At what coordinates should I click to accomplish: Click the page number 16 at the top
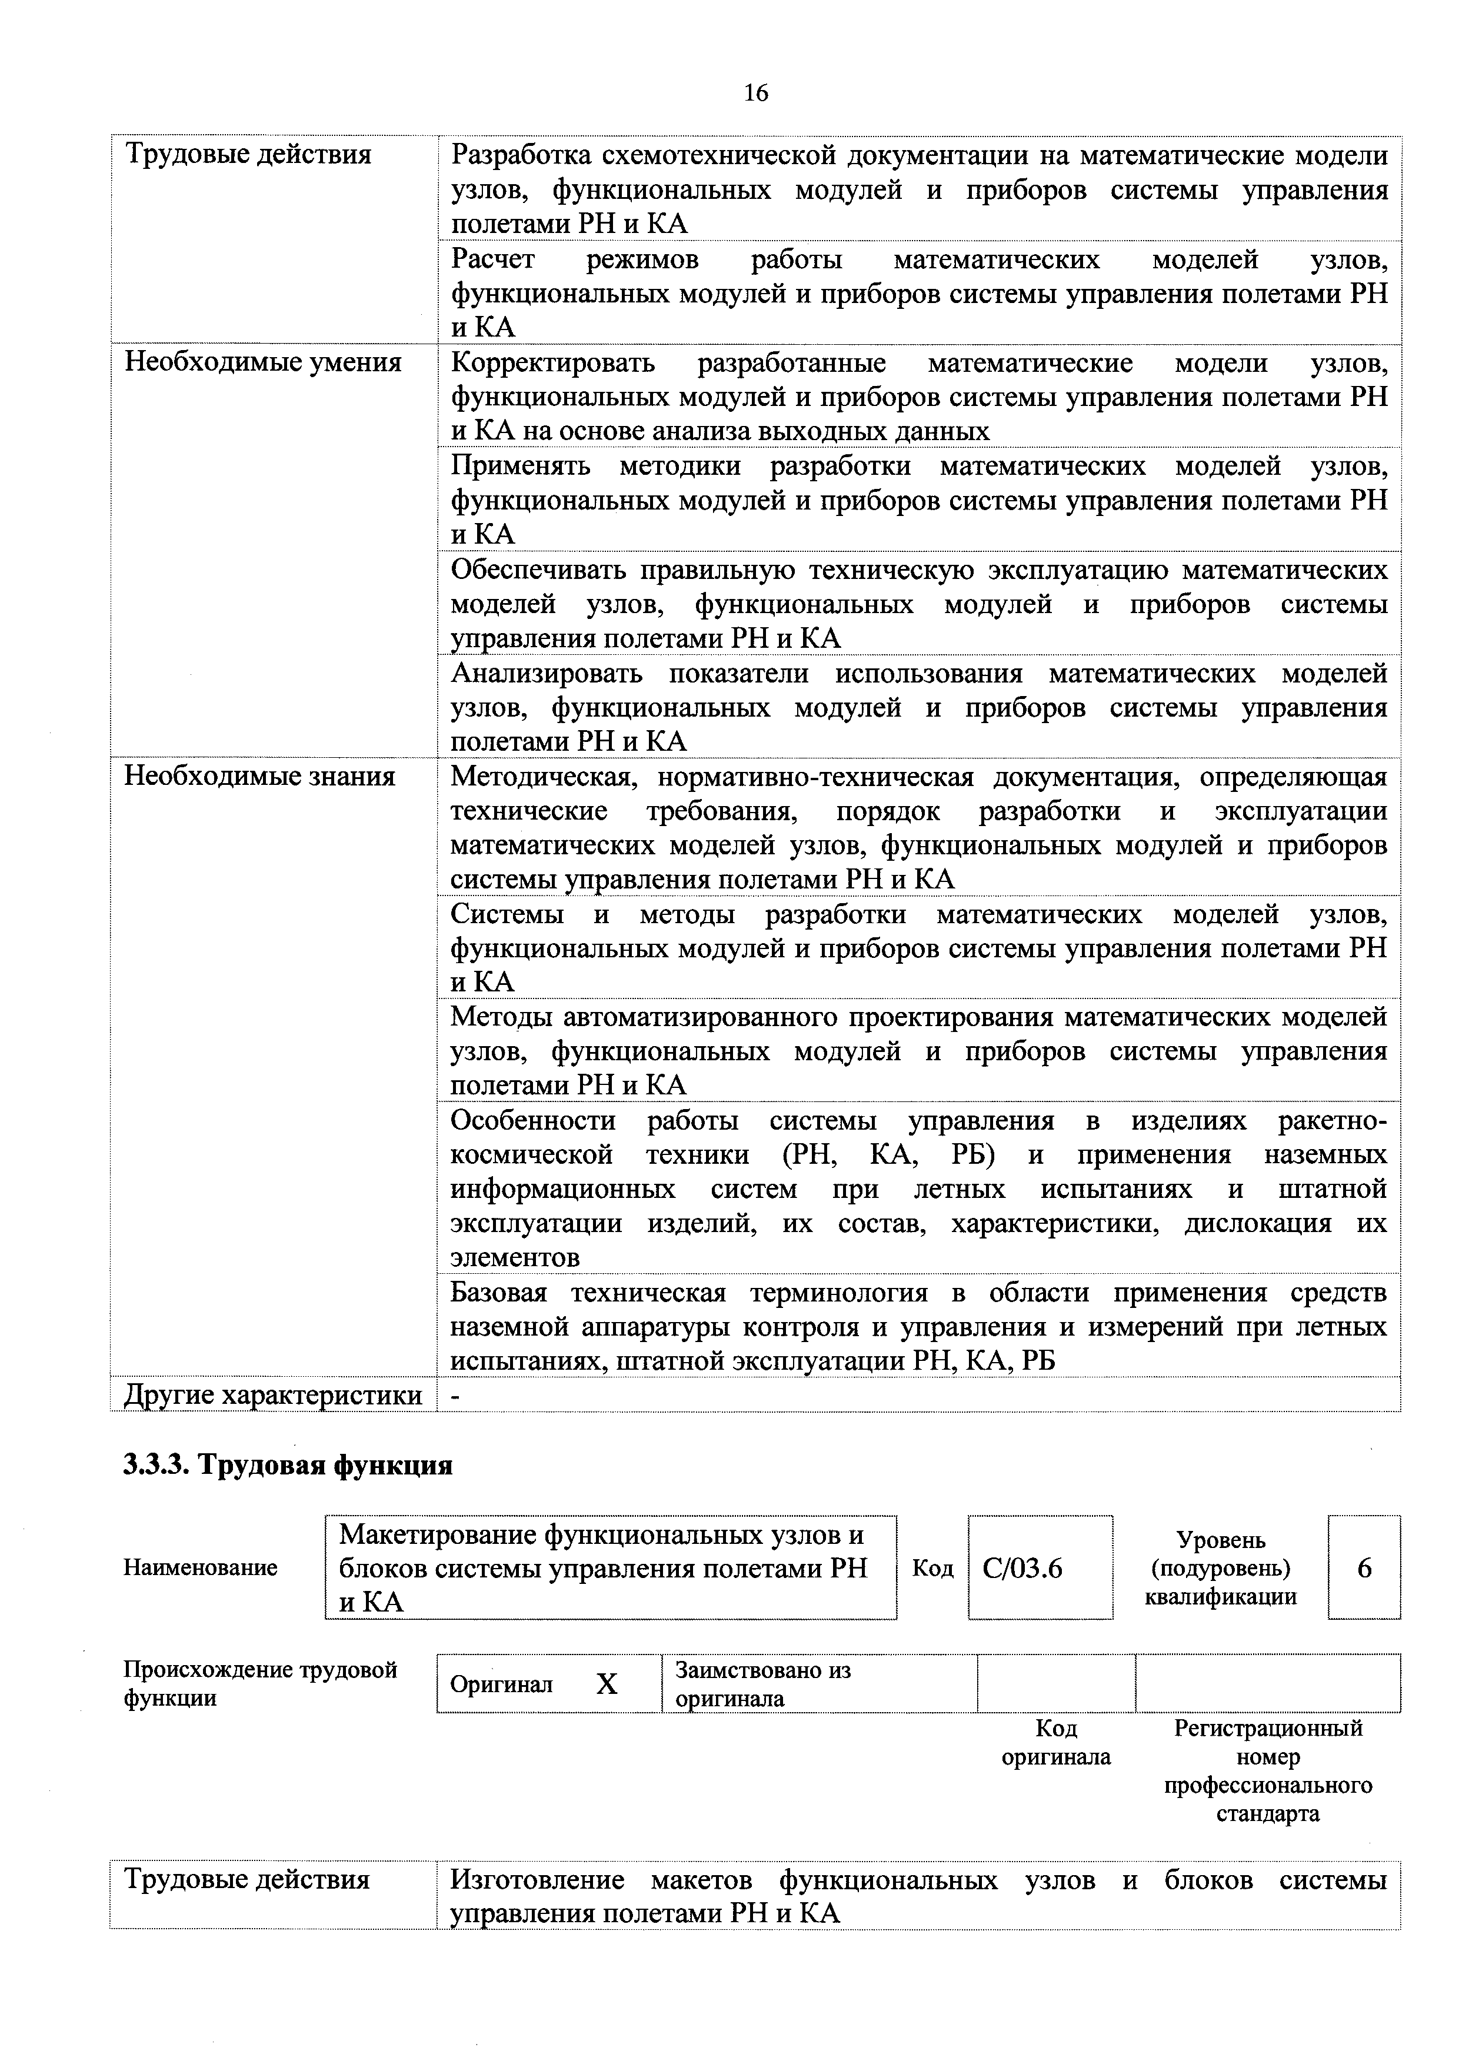[756, 92]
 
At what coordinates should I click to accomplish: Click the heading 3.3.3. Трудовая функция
[288, 1466]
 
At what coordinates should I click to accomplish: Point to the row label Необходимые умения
[262, 363]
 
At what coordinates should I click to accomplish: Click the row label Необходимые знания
[259, 777]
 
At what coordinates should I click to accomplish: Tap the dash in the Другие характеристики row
[455, 1395]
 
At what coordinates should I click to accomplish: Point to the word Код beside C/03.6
[932, 1569]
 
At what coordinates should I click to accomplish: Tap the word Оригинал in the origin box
[501, 1685]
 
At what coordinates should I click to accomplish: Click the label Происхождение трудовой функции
[260, 1684]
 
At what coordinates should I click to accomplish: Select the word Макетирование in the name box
[437, 1534]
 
